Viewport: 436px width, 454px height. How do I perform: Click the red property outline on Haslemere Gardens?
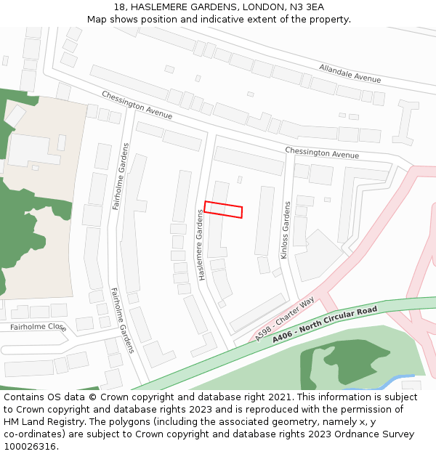tap(223, 209)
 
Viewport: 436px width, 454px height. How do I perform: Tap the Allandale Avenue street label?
tap(350, 73)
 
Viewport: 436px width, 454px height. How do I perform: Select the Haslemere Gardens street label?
tap(201, 245)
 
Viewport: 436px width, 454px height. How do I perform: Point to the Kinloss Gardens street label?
tap(285, 230)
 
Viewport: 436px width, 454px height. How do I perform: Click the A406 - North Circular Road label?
tap(325, 325)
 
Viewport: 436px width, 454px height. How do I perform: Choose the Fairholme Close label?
tap(38, 327)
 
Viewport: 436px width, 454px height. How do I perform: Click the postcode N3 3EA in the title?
tap(305, 7)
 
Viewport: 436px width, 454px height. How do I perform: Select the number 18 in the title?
tap(120, 7)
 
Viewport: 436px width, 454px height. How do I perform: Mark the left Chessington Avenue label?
tap(137, 105)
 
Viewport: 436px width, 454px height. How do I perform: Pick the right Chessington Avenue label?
tap(322, 153)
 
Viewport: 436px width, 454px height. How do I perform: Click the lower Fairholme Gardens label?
tap(122, 320)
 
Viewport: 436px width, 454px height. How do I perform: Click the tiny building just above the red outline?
tap(240, 179)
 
